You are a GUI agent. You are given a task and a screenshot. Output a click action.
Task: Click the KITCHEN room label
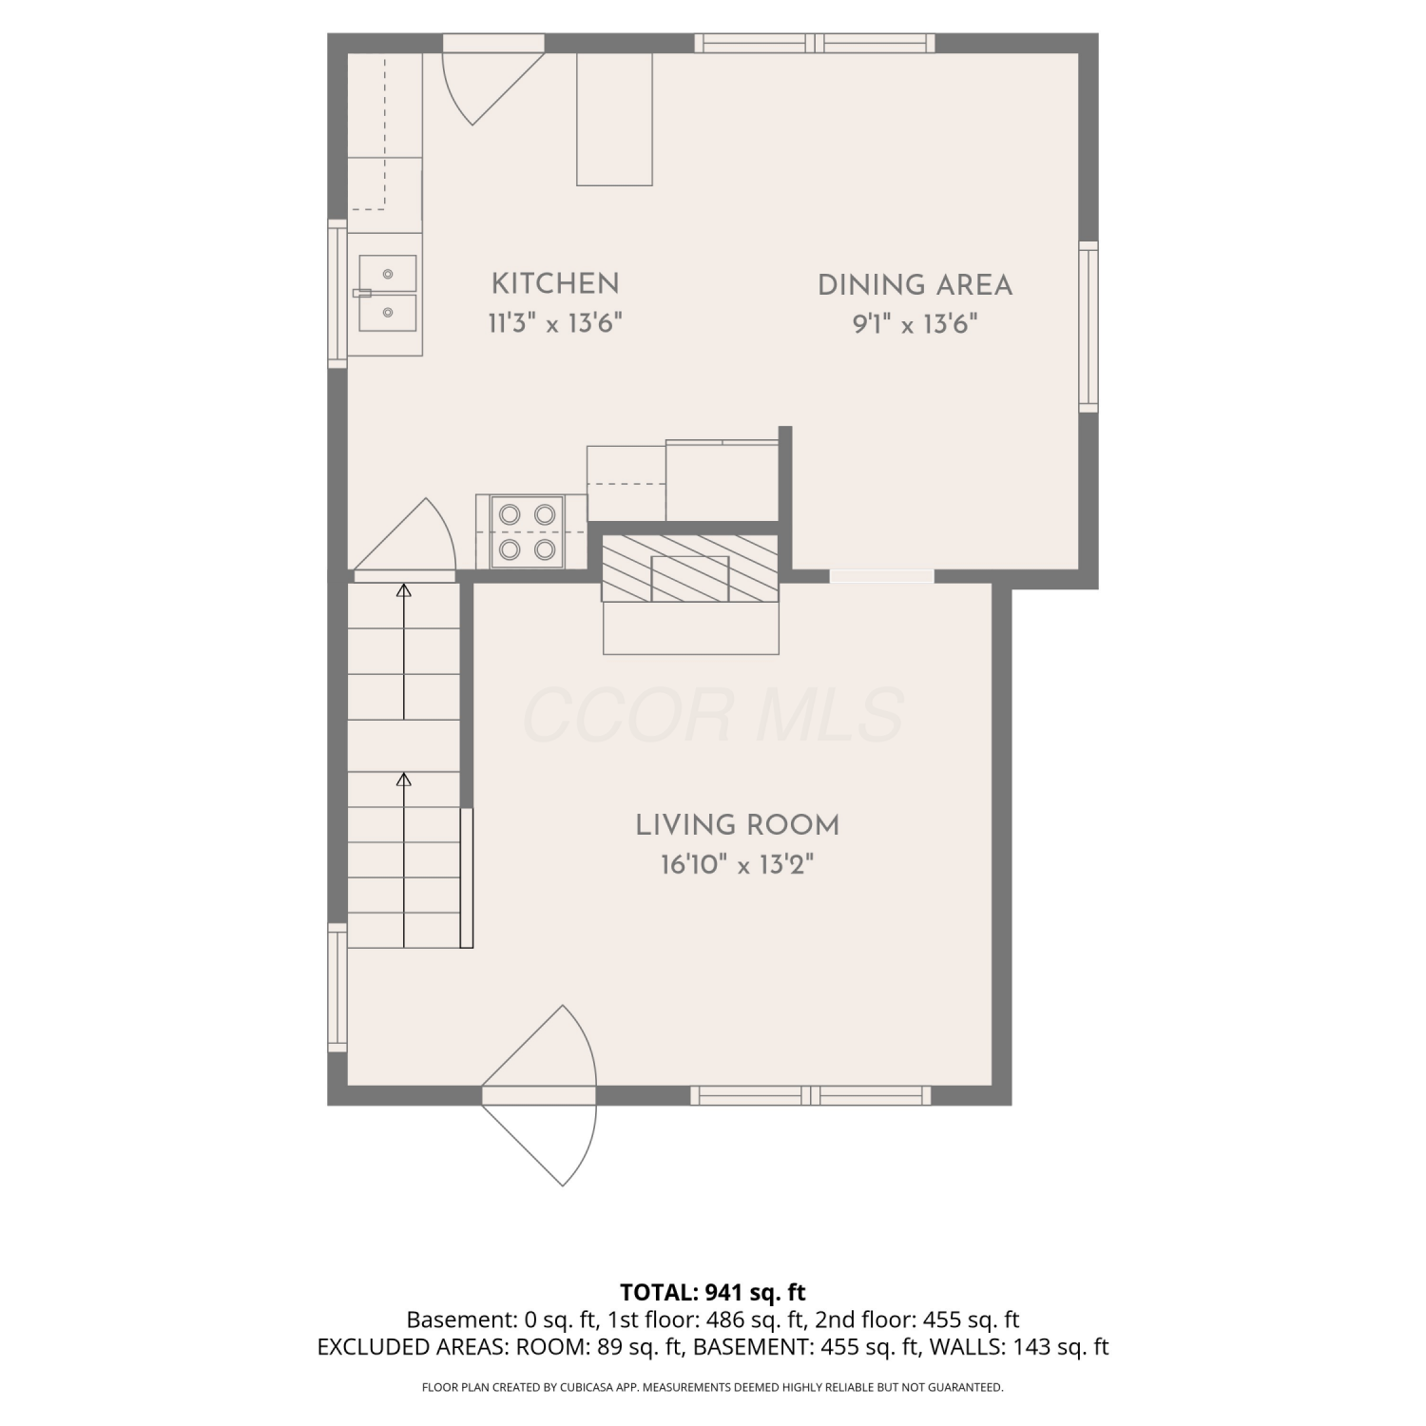pyautogui.click(x=555, y=283)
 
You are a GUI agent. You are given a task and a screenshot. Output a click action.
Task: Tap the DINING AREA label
pyautogui.click(x=915, y=285)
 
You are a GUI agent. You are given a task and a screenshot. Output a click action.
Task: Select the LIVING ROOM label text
pyautogui.click(x=738, y=825)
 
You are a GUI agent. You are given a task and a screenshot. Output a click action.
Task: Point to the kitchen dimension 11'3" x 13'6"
pyautogui.click(x=555, y=323)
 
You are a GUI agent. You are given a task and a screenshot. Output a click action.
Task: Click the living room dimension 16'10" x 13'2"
pyautogui.click(x=738, y=865)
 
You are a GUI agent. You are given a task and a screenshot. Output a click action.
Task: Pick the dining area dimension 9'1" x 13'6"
pyautogui.click(x=915, y=325)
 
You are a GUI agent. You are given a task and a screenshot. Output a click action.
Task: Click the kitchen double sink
pyautogui.click(x=388, y=293)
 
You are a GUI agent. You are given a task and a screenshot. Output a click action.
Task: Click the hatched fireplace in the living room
pyautogui.click(x=690, y=568)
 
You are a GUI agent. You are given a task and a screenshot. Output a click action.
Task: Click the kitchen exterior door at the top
pyautogui.click(x=494, y=80)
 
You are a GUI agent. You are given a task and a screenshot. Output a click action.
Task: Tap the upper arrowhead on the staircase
pyautogui.click(x=404, y=590)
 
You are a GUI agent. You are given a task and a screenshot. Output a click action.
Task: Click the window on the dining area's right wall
pyautogui.click(x=1089, y=327)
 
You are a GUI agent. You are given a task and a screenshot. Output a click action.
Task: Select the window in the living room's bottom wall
pyautogui.click(x=811, y=1095)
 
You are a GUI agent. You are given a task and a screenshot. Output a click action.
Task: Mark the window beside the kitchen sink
pyautogui.click(x=337, y=294)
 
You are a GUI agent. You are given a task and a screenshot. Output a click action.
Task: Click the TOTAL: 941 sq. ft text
pyautogui.click(x=713, y=1293)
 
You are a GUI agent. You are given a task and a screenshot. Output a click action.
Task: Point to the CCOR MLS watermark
pyautogui.click(x=713, y=716)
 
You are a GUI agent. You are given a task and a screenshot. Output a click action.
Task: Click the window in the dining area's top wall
pyautogui.click(x=815, y=43)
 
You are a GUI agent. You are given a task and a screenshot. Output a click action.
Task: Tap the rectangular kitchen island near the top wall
pyautogui.click(x=615, y=119)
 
